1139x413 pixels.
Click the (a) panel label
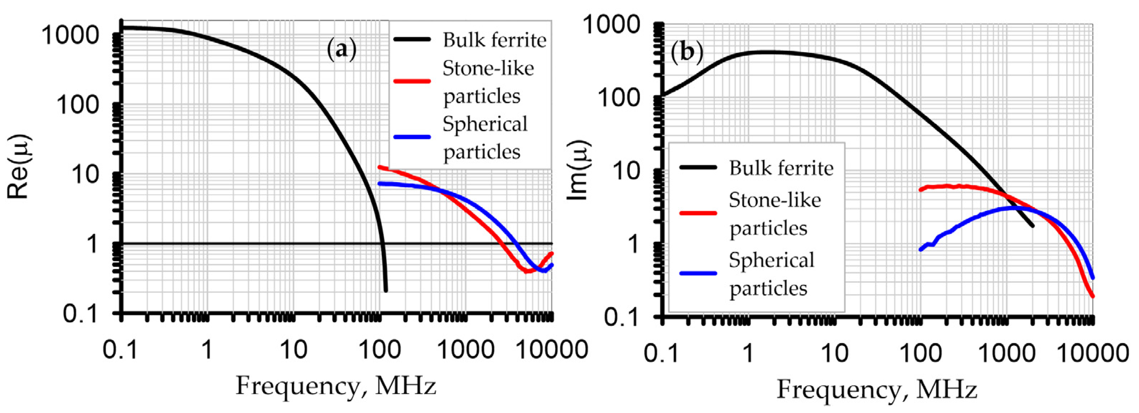point(341,50)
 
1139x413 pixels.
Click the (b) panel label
point(687,52)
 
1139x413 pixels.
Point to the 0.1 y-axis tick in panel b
point(622,317)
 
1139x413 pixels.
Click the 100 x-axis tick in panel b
point(922,353)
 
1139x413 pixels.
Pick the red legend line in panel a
point(412,81)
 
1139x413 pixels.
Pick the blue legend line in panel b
point(698,273)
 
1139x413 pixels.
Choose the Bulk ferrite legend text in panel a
point(494,40)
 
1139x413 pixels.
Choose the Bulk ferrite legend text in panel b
point(781,168)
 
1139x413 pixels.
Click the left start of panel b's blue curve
point(921,250)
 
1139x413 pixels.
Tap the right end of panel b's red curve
point(1093,296)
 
